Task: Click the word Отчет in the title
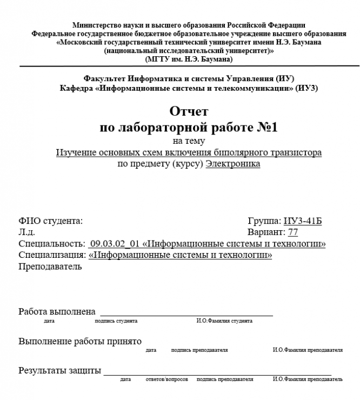click(x=189, y=111)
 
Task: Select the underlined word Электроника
click(x=233, y=164)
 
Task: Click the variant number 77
click(x=292, y=232)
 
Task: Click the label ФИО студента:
click(x=51, y=221)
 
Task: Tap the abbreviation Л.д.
click(x=26, y=232)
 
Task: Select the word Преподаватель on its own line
click(x=50, y=266)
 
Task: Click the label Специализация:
click(x=52, y=255)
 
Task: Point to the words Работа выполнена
click(x=57, y=312)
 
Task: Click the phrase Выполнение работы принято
click(x=80, y=342)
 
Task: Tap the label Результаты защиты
click(x=59, y=371)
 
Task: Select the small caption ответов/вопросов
click(x=167, y=379)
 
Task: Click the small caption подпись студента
click(x=116, y=321)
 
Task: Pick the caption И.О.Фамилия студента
click(x=224, y=321)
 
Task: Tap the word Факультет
click(x=104, y=78)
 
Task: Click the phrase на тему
click(x=189, y=142)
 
